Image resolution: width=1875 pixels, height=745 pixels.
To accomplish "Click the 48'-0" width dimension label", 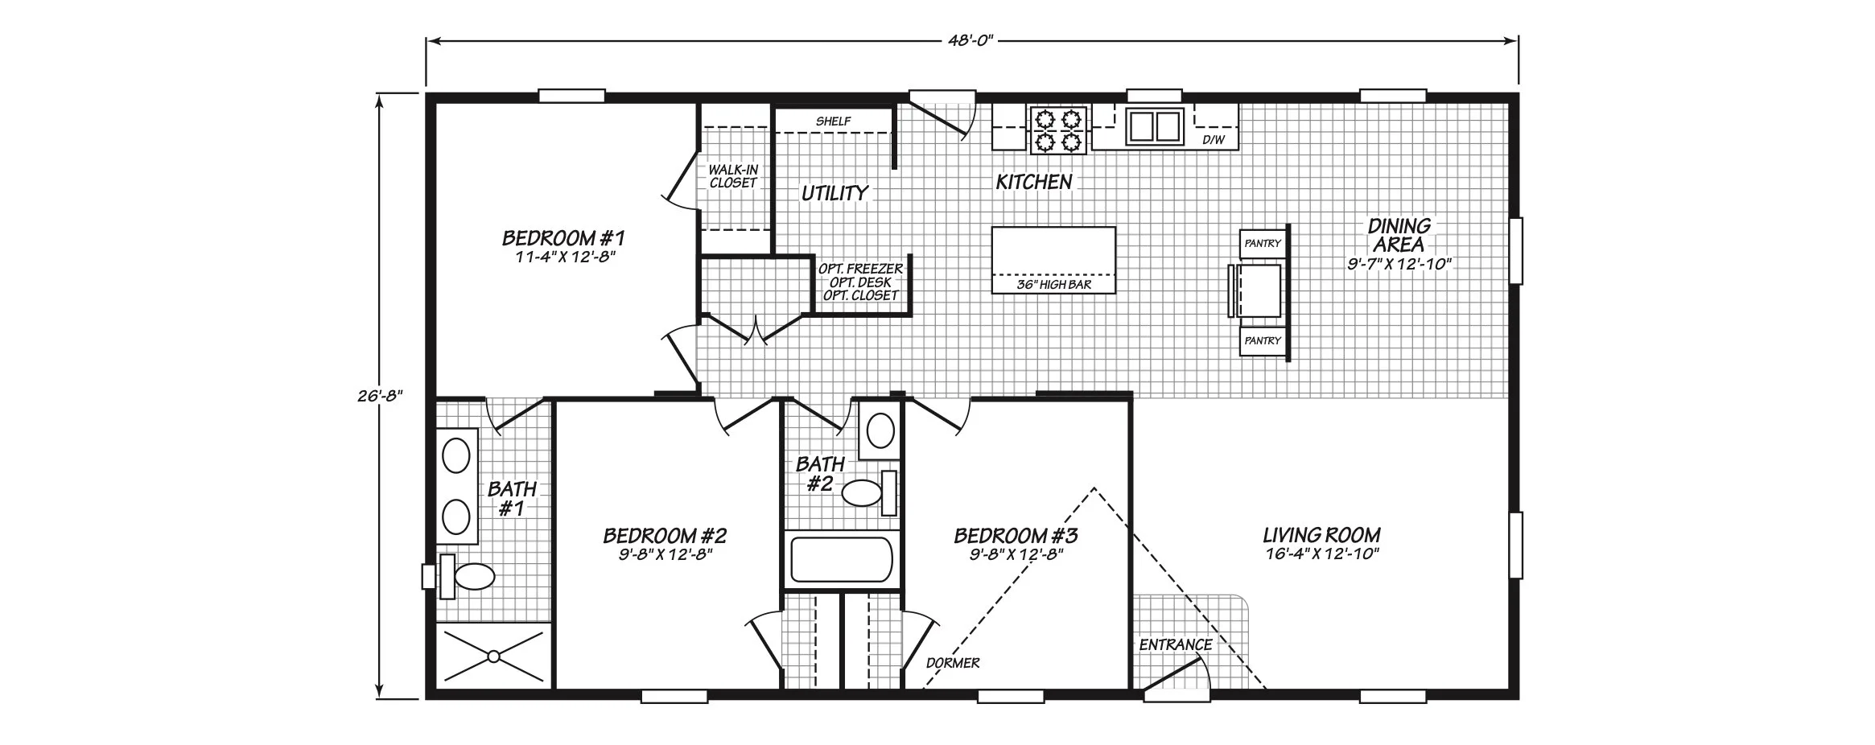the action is click(972, 40).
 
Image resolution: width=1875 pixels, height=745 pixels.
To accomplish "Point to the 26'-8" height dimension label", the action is click(381, 396).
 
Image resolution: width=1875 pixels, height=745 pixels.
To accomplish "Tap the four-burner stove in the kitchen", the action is click(1057, 130).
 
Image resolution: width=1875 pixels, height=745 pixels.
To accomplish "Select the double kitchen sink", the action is click(1155, 127).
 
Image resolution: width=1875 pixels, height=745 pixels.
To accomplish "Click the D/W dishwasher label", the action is click(1214, 141).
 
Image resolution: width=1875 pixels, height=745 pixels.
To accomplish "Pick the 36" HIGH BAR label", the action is click(1054, 285).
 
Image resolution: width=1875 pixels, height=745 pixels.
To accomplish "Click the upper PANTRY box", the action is click(1262, 244).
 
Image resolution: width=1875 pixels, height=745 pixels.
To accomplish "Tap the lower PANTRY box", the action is click(1262, 341).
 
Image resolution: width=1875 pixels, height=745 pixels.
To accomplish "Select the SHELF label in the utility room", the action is click(833, 121).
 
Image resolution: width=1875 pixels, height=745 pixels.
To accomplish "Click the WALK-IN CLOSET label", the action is click(733, 177).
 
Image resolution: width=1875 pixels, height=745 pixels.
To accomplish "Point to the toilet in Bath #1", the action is click(466, 576).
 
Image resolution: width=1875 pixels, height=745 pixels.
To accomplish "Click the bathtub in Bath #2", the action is click(842, 559).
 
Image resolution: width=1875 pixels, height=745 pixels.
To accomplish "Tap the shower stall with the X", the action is click(493, 657).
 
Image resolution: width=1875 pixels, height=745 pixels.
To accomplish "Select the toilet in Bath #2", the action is click(869, 492).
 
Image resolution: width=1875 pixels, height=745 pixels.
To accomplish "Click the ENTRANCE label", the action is click(1175, 644).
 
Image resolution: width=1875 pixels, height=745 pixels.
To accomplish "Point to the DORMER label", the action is click(953, 663).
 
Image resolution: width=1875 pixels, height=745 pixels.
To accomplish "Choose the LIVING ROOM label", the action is click(1321, 535).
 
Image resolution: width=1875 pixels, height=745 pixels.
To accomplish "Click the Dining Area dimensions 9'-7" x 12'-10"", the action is click(1399, 264).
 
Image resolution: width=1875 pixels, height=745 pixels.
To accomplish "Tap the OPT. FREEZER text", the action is click(860, 269).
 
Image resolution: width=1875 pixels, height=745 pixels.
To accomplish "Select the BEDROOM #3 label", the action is click(1016, 535).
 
